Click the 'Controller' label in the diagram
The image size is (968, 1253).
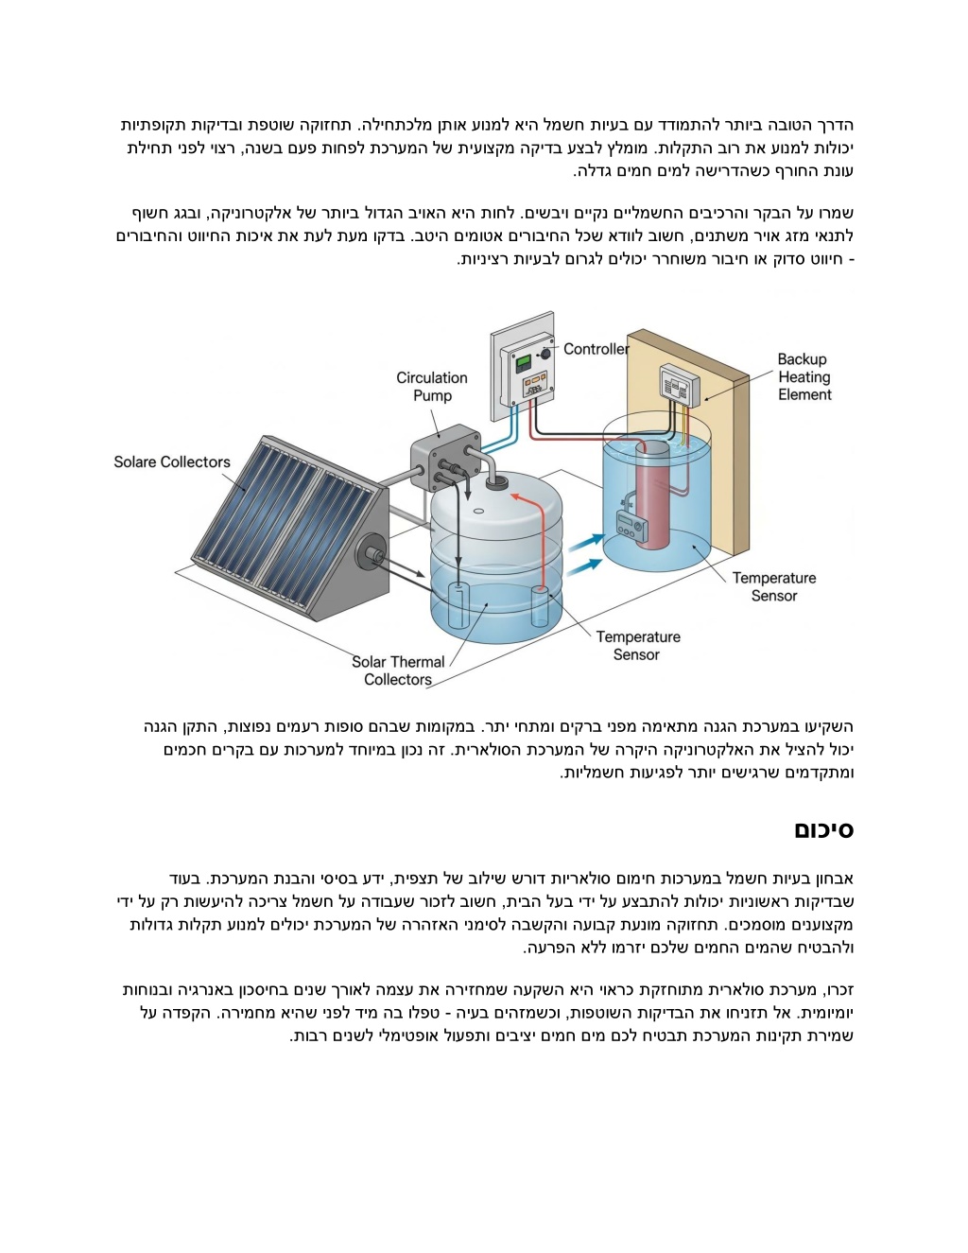click(596, 349)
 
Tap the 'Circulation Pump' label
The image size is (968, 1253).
click(432, 387)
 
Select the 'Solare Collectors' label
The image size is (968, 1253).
click(172, 461)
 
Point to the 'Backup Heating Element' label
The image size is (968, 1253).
click(804, 377)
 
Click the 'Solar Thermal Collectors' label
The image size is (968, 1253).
click(398, 670)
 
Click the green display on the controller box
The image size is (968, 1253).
click(522, 362)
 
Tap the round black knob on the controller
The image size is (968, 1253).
click(545, 353)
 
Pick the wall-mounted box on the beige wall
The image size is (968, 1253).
click(681, 385)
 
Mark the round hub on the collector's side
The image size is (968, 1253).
click(368, 553)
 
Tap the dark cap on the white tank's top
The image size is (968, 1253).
click(496, 483)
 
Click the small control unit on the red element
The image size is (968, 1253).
click(629, 524)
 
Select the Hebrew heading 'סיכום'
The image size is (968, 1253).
click(823, 830)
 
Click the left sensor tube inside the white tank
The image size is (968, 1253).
click(458, 605)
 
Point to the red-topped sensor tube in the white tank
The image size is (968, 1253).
click(540, 605)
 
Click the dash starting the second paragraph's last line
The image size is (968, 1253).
click(851, 259)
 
